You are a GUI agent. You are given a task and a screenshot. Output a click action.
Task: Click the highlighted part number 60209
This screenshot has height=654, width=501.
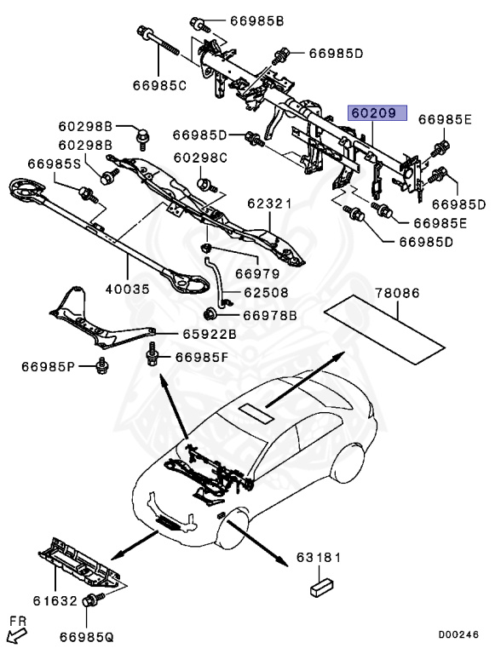tap(376, 113)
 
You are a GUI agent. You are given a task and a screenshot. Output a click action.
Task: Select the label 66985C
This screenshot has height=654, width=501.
tap(159, 85)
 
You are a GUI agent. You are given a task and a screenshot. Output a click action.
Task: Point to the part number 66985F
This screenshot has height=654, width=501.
tap(202, 357)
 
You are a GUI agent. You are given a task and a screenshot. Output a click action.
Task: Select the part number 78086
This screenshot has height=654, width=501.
tap(398, 293)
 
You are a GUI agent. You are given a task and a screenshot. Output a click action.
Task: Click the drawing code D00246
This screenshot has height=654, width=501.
tap(459, 634)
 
